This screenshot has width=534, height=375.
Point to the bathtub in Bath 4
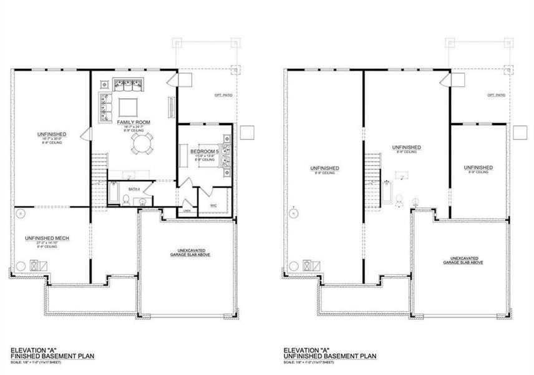115,194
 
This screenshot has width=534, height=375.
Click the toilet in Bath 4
127,200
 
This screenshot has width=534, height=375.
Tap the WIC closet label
213,204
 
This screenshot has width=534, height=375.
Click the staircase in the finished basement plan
99,169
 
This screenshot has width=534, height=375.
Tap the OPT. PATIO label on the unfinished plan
496,94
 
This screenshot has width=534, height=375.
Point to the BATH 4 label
132,187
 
